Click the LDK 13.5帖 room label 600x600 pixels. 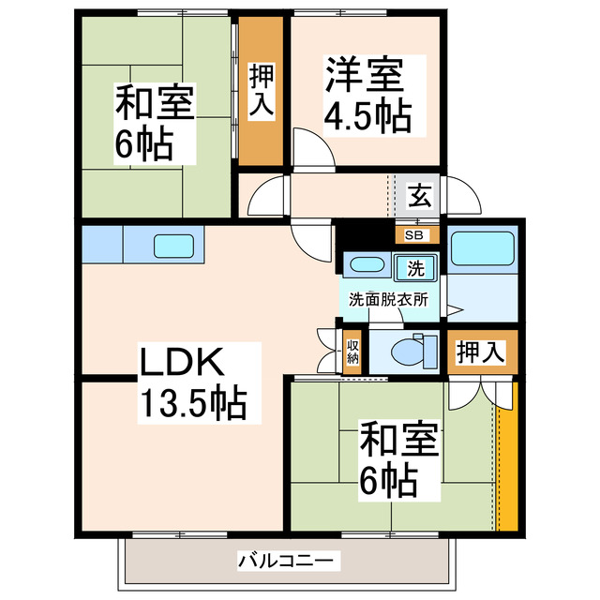pos(192,382)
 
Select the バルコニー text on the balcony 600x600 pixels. pos(285,562)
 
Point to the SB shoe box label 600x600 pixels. pos(413,234)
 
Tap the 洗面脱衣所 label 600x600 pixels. pos(388,300)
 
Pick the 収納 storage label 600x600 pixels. pos(352,352)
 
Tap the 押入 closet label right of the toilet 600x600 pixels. pos(480,352)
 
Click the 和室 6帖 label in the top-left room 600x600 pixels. pos(156,122)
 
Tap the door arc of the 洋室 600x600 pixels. pos(309,148)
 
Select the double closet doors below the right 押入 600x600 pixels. pos(480,392)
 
